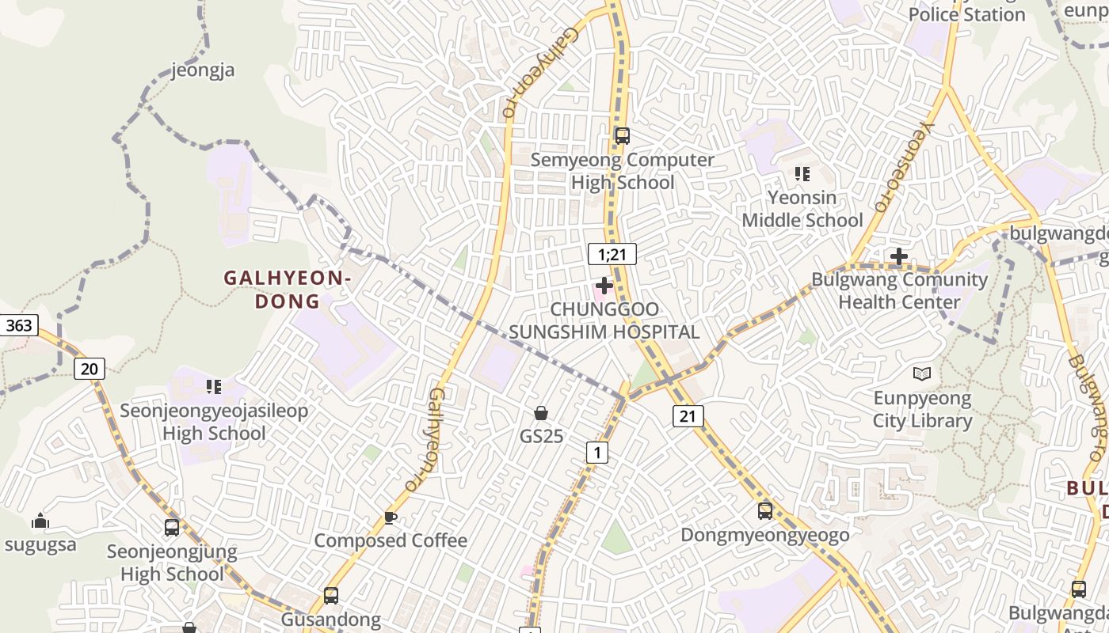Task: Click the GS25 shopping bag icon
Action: pyautogui.click(x=541, y=413)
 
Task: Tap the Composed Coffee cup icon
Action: pyautogui.click(x=390, y=517)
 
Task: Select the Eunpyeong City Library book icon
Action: pyautogui.click(x=921, y=373)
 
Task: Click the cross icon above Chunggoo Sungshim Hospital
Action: pyautogui.click(x=604, y=285)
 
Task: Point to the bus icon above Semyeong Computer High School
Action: pyautogui.click(x=622, y=136)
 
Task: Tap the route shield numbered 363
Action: pyautogui.click(x=18, y=325)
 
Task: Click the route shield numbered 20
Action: pyautogui.click(x=90, y=368)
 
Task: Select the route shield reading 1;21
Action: pyautogui.click(x=612, y=254)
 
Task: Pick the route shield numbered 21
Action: pyautogui.click(x=688, y=415)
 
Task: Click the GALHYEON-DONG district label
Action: pyautogui.click(x=288, y=290)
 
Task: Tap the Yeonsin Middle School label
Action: pyautogui.click(x=802, y=209)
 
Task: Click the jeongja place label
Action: pyautogui.click(x=204, y=70)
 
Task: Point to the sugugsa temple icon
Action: pyautogui.click(x=40, y=521)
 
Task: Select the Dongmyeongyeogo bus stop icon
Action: pyautogui.click(x=764, y=511)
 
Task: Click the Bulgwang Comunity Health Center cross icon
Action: pyautogui.click(x=898, y=256)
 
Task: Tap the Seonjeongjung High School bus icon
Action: pyautogui.click(x=171, y=528)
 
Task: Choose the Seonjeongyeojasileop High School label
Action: pyautogui.click(x=214, y=422)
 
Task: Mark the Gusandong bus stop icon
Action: pyautogui.click(x=330, y=596)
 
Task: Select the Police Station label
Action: pyautogui.click(x=966, y=14)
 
